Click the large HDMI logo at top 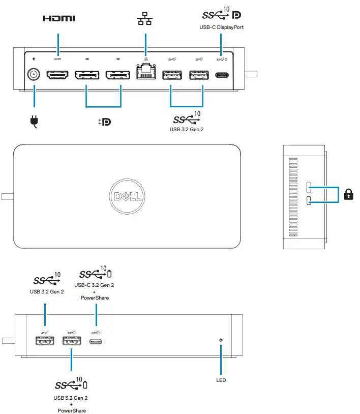coord(58,19)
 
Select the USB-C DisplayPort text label coord(221,27)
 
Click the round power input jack coord(34,75)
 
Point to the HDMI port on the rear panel coord(58,75)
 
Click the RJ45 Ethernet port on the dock coord(145,75)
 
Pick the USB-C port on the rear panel coord(221,75)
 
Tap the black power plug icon coord(34,122)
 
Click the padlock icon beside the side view coord(349,194)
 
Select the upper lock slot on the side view coord(309,187)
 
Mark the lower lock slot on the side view coord(309,201)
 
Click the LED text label coord(221,380)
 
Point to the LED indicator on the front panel coord(221,340)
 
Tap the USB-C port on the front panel coord(97,341)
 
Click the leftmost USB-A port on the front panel coord(45,341)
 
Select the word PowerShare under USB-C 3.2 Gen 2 coord(95,298)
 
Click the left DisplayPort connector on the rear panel coord(87,75)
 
